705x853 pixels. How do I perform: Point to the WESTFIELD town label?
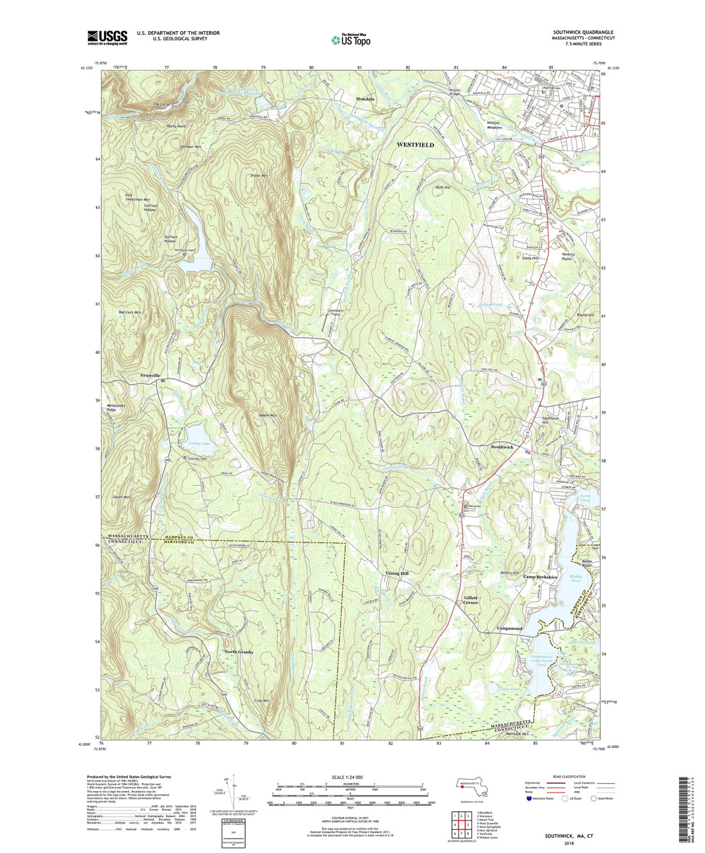coord(415,145)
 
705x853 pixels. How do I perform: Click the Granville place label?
coord(150,376)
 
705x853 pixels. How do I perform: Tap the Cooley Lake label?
coord(198,443)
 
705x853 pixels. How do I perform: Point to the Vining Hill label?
coord(400,573)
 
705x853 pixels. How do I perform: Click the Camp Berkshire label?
coord(539,577)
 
